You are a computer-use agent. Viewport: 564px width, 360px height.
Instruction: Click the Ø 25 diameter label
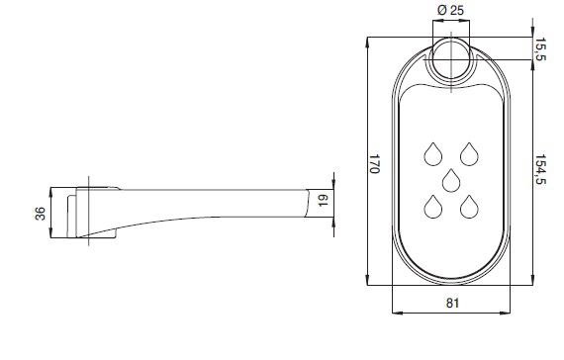tap(450, 10)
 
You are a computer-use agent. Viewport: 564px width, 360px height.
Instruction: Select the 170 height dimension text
tap(374, 163)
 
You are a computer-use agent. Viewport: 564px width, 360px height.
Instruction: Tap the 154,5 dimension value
tap(540, 169)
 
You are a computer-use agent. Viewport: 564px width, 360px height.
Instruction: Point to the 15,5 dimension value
tap(540, 48)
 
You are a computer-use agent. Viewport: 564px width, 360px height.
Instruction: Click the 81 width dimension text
tap(452, 303)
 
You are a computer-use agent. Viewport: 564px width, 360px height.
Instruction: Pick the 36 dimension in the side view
tap(41, 214)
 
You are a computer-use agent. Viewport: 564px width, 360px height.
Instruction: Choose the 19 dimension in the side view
tap(324, 200)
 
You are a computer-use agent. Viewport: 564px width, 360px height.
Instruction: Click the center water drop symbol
tap(451, 180)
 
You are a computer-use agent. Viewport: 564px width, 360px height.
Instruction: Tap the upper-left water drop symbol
tap(433, 154)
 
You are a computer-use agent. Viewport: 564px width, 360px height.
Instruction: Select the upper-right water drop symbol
tap(469, 154)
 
